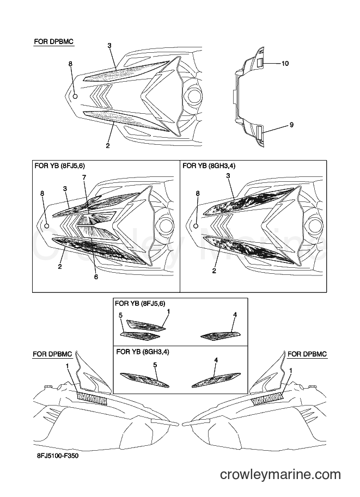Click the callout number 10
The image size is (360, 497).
pyautogui.click(x=285, y=64)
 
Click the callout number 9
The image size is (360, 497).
pyautogui.click(x=291, y=125)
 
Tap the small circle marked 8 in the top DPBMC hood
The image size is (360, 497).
pyautogui.click(x=75, y=96)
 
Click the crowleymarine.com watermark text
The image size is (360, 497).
pyautogui.click(x=280, y=475)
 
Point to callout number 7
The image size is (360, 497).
pyautogui.click(x=84, y=177)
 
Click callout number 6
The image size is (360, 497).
pyautogui.click(x=96, y=277)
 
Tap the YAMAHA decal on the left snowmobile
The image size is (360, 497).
pyautogui.click(x=91, y=399)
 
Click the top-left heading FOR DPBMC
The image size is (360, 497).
pyautogui.click(x=54, y=42)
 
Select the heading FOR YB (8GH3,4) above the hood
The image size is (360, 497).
pyautogui.click(x=209, y=166)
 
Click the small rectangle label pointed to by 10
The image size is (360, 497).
pyautogui.click(x=259, y=63)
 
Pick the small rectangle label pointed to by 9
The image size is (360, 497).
pyautogui.click(x=259, y=131)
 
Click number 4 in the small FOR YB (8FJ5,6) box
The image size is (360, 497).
pyautogui.click(x=235, y=315)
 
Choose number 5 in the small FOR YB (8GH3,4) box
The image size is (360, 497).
pyautogui.click(x=155, y=365)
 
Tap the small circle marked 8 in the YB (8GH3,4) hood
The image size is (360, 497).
pyautogui.click(x=196, y=226)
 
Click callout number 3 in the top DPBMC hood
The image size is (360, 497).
pyautogui.click(x=109, y=46)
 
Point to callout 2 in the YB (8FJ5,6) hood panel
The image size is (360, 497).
pyautogui.click(x=60, y=267)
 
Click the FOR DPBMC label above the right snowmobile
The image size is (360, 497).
pyautogui.click(x=307, y=354)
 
